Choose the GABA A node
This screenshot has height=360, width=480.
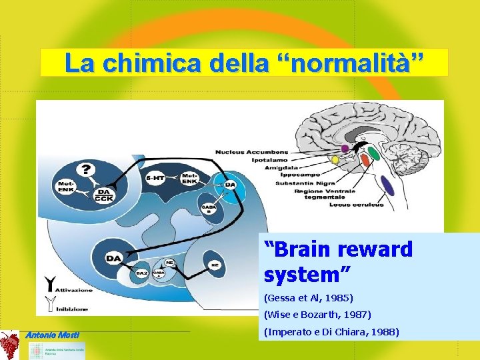pyautogui.click(x=159, y=273)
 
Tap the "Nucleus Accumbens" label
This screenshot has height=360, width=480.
pyautogui.click(x=251, y=152)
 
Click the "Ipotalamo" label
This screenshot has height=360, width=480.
pyautogui.click(x=269, y=160)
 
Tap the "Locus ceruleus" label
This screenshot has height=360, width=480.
pyautogui.click(x=356, y=205)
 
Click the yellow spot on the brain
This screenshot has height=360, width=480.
pyautogui.click(x=335, y=161)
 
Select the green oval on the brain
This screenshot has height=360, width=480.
pyautogui.click(x=374, y=155)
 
